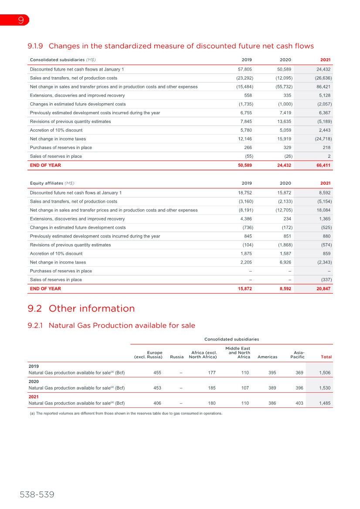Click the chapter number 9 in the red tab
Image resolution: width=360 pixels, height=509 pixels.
click(x=20, y=20)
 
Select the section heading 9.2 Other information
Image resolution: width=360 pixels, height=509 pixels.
click(x=81, y=309)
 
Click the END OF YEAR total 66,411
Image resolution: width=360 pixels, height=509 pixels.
click(x=323, y=165)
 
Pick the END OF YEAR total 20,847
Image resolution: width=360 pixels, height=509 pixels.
click(x=323, y=288)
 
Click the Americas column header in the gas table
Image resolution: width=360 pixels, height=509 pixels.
click(x=268, y=357)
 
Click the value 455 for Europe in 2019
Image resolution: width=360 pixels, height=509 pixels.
click(x=158, y=373)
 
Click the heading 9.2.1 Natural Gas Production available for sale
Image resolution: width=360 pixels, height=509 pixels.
click(x=111, y=325)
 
